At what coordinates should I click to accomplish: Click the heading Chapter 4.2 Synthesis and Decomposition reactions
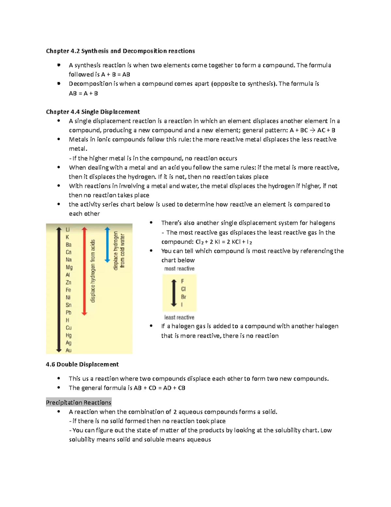point(120,51)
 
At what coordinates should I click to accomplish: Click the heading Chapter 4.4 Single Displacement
point(93,112)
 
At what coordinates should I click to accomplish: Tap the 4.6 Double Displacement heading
point(82,364)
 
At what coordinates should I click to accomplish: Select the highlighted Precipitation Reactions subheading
point(79,403)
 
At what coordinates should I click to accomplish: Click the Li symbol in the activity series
point(67,230)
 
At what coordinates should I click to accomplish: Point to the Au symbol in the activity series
point(68,350)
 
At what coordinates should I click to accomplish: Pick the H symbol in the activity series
point(67,320)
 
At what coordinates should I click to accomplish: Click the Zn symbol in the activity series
point(68,282)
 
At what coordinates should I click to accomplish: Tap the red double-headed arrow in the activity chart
point(84,271)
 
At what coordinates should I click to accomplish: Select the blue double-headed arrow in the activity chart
point(107,245)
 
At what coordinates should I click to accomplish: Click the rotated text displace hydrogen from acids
point(93,271)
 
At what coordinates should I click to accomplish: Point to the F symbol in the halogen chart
point(182,281)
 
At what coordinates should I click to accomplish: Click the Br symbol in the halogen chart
point(183,297)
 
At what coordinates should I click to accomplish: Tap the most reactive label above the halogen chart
point(179,269)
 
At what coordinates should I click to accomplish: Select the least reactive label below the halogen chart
point(179,317)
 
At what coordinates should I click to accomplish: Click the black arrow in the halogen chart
point(174,293)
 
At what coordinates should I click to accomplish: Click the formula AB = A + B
point(83,93)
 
